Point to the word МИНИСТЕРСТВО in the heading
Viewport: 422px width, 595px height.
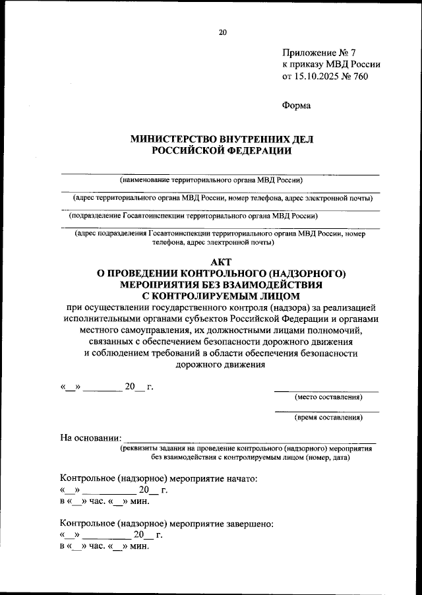click(x=173, y=139)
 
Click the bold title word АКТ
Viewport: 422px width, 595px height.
click(x=222, y=262)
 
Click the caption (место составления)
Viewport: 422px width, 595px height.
click(x=328, y=397)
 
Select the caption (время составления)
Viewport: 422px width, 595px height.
click(x=328, y=418)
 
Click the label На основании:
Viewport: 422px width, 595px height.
click(x=90, y=437)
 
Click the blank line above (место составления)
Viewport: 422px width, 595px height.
click(x=326, y=391)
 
